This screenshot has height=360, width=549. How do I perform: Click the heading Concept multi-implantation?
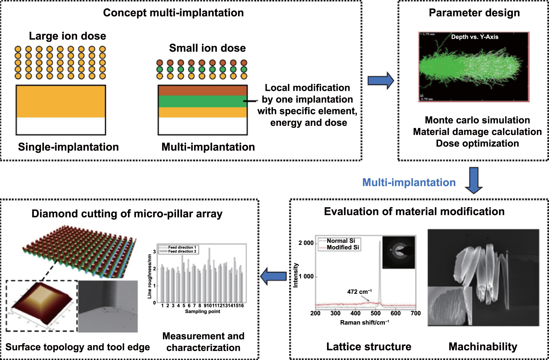(x=173, y=13)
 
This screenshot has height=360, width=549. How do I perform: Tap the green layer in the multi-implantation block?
(x=202, y=101)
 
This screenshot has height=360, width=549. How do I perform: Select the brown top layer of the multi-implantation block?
(x=202, y=90)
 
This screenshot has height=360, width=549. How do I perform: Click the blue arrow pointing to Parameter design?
(x=380, y=80)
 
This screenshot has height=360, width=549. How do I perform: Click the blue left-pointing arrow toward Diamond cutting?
(x=273, y=276)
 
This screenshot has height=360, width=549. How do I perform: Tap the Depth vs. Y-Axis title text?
(x=475, y=37)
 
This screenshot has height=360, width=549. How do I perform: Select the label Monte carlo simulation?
(x=477, y=120)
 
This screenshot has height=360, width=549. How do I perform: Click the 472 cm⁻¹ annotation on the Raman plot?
(x=359, y=292)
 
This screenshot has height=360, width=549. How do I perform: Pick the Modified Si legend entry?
(x=342, y=247)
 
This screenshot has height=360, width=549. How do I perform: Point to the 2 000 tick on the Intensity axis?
(x=306, y=243)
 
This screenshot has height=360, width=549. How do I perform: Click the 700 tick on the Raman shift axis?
(x=415, y=313)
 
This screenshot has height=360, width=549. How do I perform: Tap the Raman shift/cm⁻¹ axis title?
(x=364, y=323)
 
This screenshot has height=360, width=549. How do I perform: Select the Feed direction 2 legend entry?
(x=182, y=251)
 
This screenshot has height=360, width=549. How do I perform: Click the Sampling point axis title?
(x=202, y=311)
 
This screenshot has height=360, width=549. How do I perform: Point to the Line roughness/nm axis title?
(x=150, y=276)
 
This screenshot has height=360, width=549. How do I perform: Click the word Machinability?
(x=483, y=347)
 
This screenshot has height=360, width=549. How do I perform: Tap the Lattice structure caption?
(x=369, y=347)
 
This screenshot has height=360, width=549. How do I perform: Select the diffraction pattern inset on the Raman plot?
(x=399, y=252)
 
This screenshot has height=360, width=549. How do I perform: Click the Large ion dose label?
(x=67, y=36)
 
